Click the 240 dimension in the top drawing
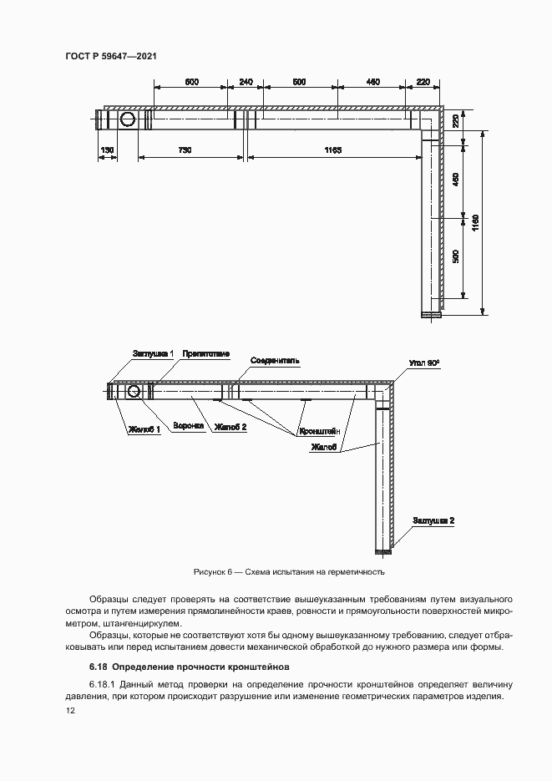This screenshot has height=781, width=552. tap(246, 81)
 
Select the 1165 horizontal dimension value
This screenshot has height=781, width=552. tap(333, 150)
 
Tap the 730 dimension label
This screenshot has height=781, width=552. tap(185, 150)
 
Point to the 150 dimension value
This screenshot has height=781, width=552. tap(107, 150)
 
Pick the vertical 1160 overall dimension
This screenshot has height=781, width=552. tap(475, 222)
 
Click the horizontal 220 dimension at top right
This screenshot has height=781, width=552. tap(423, 81)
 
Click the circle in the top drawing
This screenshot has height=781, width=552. tap(129, 120)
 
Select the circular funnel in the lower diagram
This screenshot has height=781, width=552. tap(133, 391)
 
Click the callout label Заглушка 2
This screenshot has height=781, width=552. tap(433, 520)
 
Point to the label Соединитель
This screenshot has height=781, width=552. tap(275, 360)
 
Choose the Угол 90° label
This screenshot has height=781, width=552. tap(424, 364)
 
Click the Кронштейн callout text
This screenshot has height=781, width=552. tap(317, 432)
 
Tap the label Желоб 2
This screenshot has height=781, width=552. tap(231, 426)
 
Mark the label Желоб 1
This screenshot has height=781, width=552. tap(144, 430)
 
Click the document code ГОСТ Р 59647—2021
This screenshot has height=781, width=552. tap(111, 56)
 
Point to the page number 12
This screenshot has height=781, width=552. tap(70, 712)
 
